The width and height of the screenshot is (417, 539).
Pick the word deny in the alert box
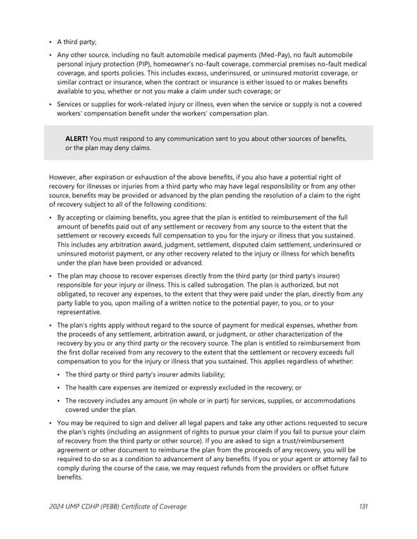pyautogui.click(x=126, y=148)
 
